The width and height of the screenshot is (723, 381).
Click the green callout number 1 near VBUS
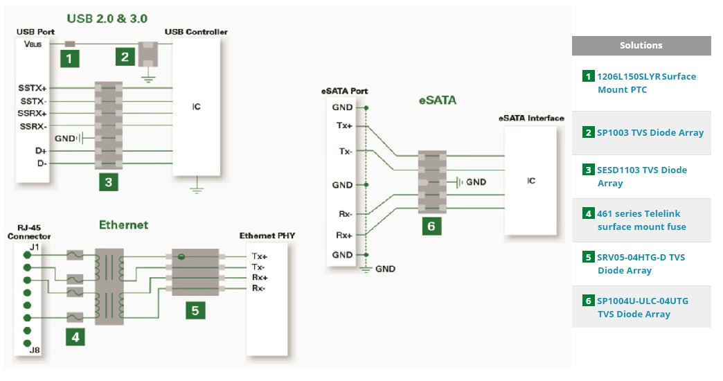pyautogui.click(x=69, y=58)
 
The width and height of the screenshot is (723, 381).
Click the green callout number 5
pyautogui.click(x=195, y=310)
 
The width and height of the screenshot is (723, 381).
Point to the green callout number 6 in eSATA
pyautogui.click(x=431, y=226)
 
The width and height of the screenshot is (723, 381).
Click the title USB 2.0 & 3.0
pyautogui.click(x=107, y=18)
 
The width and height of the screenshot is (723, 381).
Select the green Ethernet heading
pyautogui.click(x=123, y=225)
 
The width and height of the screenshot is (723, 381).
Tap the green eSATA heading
pyautogui.click(x=437, y=100)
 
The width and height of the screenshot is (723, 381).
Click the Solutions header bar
pyautogui.click(x=641, y=46)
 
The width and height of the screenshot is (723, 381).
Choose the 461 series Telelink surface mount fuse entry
pyautogui.click(x=641, y=220)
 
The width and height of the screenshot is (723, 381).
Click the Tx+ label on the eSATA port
pyautogui.click(x=344, y=126)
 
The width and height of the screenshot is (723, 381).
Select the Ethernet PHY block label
pyautogui.click(x=267, y=236)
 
